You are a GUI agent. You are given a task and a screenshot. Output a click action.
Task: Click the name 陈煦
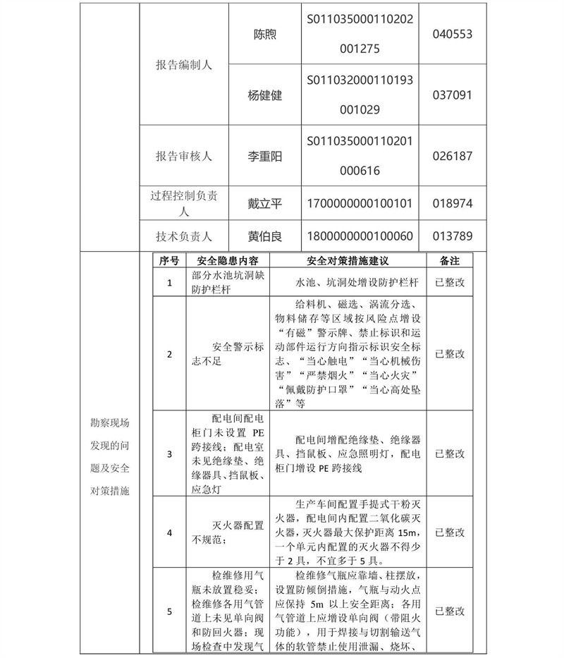click(x=265, y=35)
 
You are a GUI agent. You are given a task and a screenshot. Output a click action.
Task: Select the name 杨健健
click(x=265, y=95)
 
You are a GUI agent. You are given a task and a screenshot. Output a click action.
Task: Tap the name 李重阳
click(x=265, y=157)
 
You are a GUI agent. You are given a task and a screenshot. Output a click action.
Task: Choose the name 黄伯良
click(x=265, y=236)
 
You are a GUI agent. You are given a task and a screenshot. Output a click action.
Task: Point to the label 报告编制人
click(x=184, y=65)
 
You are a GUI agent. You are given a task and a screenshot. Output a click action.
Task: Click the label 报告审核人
click(x=184, y=157)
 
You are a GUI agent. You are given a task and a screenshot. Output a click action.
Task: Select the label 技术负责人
click(x=184, y=236)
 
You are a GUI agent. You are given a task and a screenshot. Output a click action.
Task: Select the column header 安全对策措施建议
click(x=348, y=261)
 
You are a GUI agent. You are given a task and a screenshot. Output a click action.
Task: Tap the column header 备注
click(x=450, y=261)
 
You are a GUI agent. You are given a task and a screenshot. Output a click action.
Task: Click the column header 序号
click(x=169, y=261)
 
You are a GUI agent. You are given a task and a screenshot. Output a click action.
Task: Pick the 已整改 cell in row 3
click(x=450, y=453)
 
